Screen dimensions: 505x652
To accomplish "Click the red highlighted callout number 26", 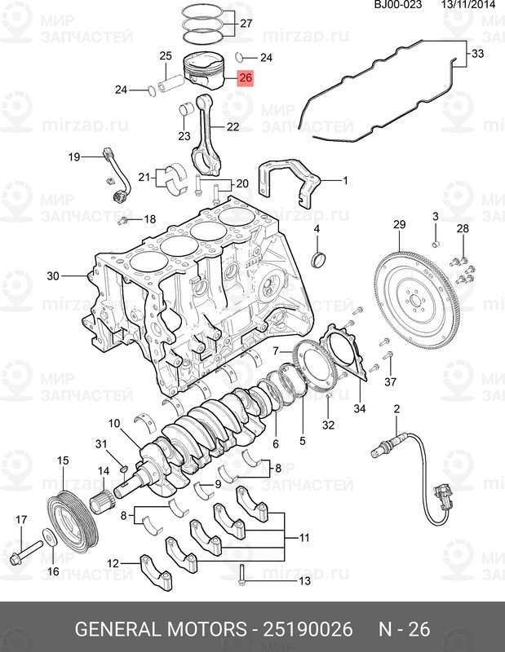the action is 246,77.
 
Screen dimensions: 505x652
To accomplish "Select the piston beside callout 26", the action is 204,70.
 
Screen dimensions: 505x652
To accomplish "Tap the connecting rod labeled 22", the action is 206,134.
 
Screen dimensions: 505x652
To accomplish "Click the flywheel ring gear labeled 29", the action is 417,301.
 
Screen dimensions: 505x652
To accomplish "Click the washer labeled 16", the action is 51,538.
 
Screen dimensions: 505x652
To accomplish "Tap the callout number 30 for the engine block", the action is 53,275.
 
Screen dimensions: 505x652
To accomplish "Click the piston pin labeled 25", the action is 171,84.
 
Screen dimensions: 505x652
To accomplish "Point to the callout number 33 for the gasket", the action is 478,54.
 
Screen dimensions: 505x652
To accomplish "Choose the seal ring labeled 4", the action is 319,260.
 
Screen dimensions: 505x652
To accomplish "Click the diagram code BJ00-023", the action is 398,5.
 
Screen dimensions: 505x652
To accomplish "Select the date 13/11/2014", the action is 469,5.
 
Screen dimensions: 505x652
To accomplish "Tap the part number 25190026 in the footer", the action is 308,628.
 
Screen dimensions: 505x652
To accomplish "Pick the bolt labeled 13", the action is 241,575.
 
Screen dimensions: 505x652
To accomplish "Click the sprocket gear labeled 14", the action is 101,501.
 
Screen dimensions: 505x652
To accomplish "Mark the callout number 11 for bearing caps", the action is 304,538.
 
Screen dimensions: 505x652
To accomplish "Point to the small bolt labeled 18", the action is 122,221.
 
